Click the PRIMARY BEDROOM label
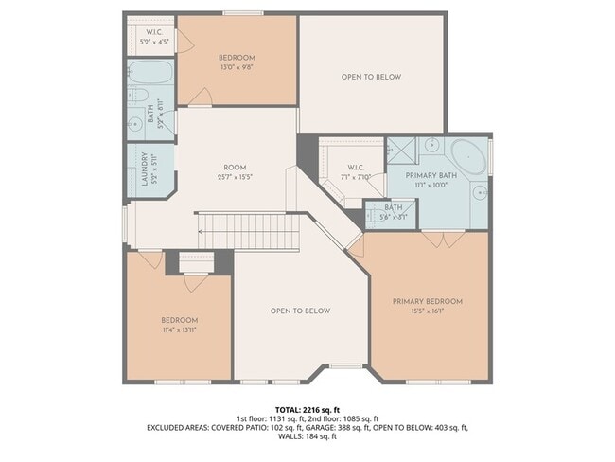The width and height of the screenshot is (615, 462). click(x=428, y=301)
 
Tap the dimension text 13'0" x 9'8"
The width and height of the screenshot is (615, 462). click(x=236, y=67)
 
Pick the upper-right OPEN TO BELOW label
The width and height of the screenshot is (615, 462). click(x=371, y=77)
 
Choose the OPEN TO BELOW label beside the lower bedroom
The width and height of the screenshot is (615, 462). click(x=300, y=311)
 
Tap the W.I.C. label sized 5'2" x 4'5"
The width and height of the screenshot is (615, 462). click(x=154, y=36)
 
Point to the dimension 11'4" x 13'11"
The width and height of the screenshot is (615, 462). click(x=179, y=329)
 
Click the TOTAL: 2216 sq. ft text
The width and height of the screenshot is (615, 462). click(x=307, y=409)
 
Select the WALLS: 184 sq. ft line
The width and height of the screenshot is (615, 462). click(x=307, y=437)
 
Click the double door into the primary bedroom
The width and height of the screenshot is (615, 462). click(x=437, y=239)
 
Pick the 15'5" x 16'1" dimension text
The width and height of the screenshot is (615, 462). click(x=428, y=311)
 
